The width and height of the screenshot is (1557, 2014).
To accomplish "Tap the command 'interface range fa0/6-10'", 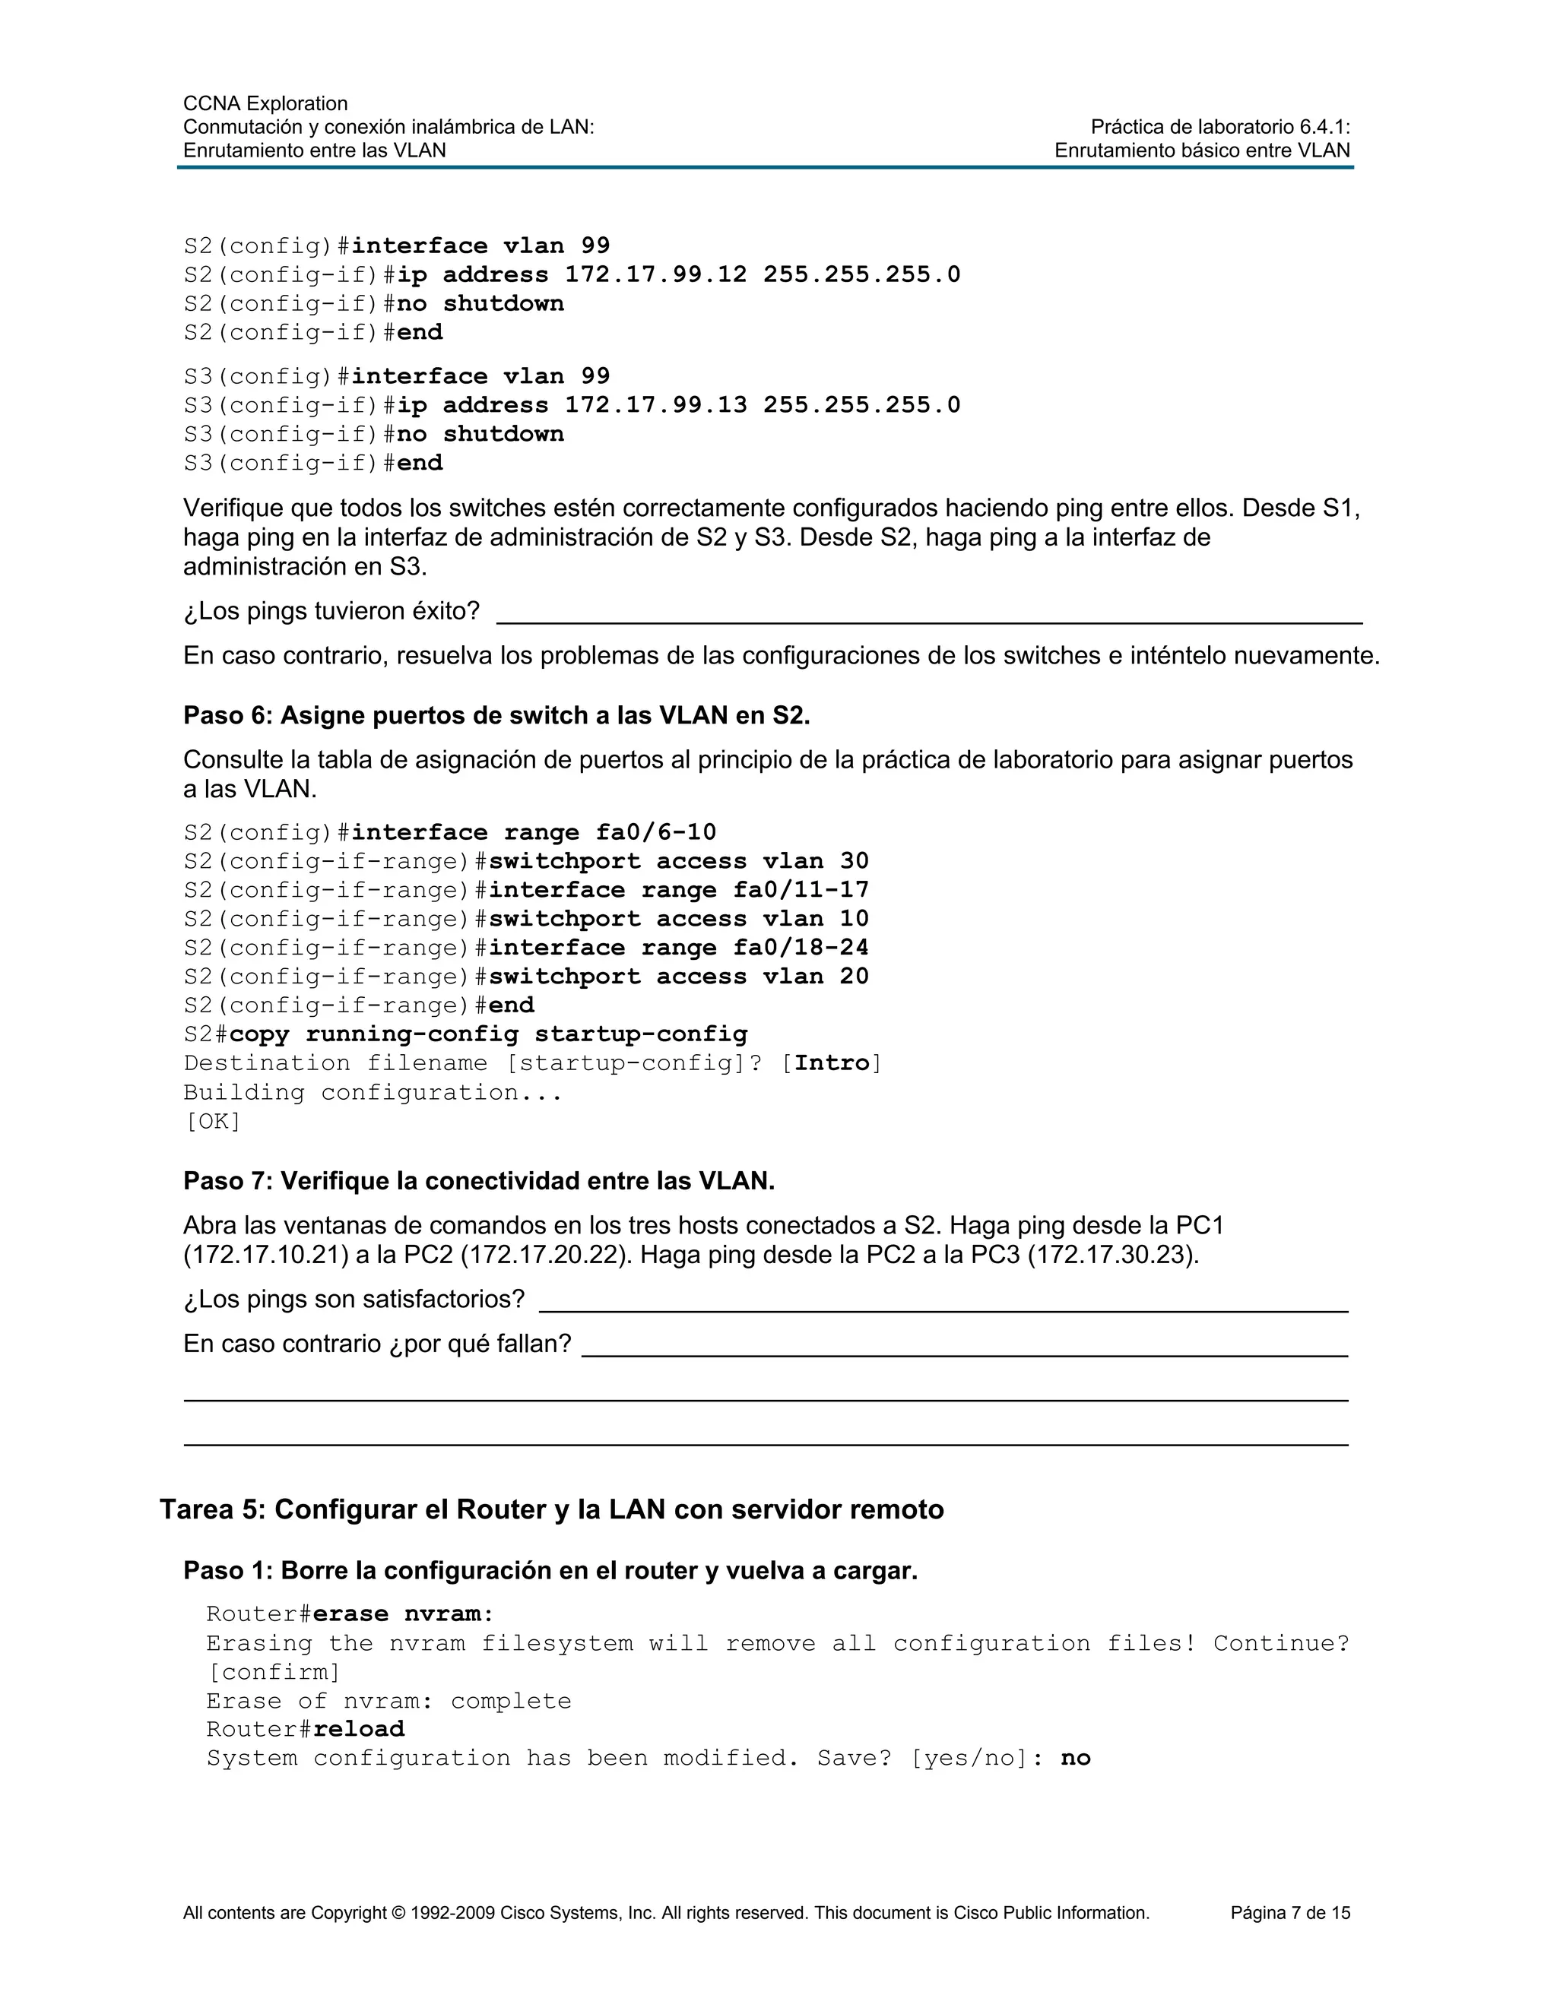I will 533,833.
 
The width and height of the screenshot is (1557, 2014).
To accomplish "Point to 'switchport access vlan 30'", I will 678,861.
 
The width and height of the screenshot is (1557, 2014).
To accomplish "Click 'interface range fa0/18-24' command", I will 678,948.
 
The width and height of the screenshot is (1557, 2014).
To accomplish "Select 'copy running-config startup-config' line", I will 488,1034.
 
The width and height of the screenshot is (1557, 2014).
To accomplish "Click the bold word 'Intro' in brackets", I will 832,1063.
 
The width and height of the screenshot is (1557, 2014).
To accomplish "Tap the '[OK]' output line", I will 213,1121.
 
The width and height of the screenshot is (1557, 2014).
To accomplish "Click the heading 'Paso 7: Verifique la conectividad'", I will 479,1181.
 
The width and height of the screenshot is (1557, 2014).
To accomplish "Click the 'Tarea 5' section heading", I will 552,1509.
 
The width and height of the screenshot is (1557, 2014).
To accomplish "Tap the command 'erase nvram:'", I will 403,1613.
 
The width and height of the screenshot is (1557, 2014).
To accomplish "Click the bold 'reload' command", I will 359,1729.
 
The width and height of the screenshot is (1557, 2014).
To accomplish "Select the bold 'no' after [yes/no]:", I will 1076,1758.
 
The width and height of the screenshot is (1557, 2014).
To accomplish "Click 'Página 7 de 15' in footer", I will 1289,1914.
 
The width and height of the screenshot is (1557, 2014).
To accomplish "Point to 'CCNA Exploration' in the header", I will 265,103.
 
